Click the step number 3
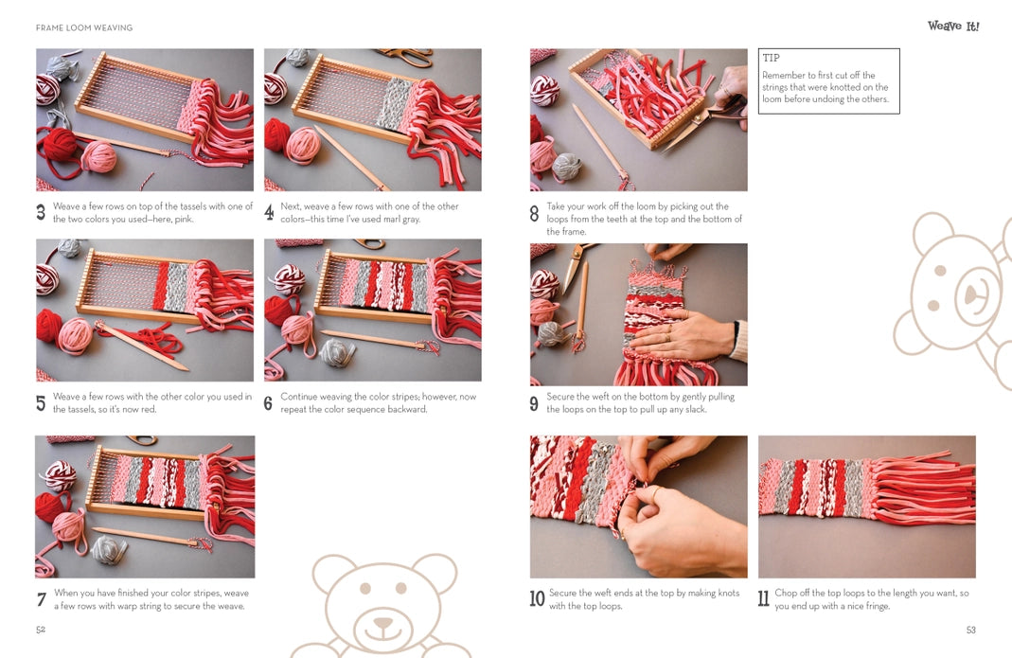tap(41, 212)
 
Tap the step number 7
tap(42, 599)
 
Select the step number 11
tap(763, 598)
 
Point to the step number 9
tap(534, 403)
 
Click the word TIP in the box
tap(771, 58)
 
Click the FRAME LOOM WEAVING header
tap(84, 27)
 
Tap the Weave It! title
tap(953, 26)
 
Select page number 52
tap(41, 630)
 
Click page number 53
tap(970, 630)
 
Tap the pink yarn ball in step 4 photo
tap(302, 145)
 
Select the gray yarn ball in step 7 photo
tap(109, 549)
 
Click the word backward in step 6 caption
tap(406, 409)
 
